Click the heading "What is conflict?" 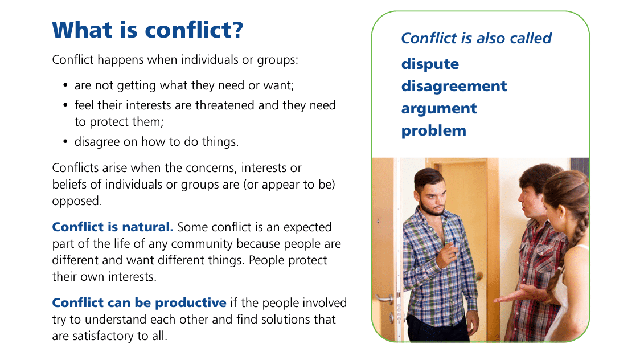click(147, 30)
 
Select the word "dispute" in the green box click(430, 64)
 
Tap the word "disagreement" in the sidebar click(454, 87)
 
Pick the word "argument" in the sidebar click(439, 109)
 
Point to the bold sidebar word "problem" click(433, 131)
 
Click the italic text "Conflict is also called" click(477, 38)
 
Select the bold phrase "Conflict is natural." click(113, 227)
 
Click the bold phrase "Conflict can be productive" click(139, 303)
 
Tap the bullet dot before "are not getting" click(65, 85)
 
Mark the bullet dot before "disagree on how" click(65, 142)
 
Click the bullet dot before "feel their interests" click(65, 105)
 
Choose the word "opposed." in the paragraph click(77, 201)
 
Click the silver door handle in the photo click(385, 299)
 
